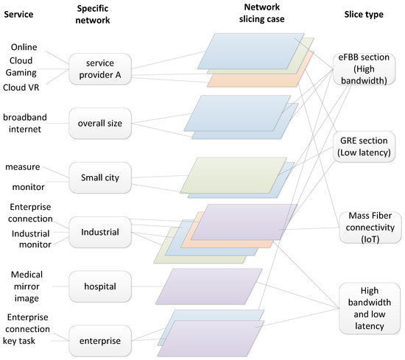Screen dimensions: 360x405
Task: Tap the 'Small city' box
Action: tap(101, 176)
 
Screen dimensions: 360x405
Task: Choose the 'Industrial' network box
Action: tap(101, 232)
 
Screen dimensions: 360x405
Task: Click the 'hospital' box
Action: tap(101, 283)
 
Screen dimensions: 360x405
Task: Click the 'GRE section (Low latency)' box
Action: tap(367, 147)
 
